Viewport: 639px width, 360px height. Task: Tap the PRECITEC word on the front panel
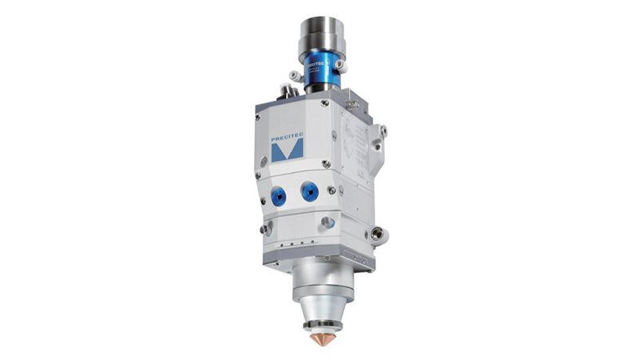[x=287, y=137]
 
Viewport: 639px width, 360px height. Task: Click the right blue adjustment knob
[x=308, y=192]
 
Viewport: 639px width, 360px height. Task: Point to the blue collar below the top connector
[x=320, y=74]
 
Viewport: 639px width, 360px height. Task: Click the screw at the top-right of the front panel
[x=324, y=103]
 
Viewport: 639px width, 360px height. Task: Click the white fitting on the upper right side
[x=382, y=130]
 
